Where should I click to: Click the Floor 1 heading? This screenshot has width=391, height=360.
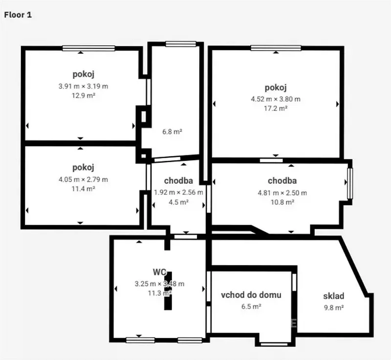tap(18, 15)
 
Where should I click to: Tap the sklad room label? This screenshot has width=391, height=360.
tap(334, 296)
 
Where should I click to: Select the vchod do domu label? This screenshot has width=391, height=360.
tap(251, 295)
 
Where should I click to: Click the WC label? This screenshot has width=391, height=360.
tap(160, 272)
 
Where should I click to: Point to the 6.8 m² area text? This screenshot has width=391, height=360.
tap(173, 131)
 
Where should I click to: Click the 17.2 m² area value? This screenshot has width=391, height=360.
tap(276, 108)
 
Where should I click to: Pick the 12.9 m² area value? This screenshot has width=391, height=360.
tap(84, 95)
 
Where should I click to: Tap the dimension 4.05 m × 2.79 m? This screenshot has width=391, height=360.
tap(83, 179)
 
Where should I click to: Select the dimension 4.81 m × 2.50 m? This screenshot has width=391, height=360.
tap(282, 193)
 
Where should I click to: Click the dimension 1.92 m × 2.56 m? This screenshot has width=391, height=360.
tap(178, 192)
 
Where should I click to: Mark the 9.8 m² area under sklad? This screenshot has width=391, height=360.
tap(334, 308)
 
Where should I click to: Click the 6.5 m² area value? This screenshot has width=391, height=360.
tap(251, 306)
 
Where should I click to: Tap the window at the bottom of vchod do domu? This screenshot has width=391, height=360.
tap(274, 344)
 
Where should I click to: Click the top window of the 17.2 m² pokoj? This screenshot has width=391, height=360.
tap(276, 48)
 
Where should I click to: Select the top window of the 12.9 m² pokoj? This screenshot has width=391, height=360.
tap(88, 48)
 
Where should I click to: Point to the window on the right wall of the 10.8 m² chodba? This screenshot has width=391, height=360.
tap(350, 183)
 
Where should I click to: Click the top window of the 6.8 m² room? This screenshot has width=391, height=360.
tap(181, 44)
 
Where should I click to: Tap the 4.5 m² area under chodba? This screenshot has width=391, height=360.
tap(178, 202)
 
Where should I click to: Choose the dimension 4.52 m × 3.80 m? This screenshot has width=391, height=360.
tap(276, 99)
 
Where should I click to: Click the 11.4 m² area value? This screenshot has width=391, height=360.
tap(83, 189)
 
